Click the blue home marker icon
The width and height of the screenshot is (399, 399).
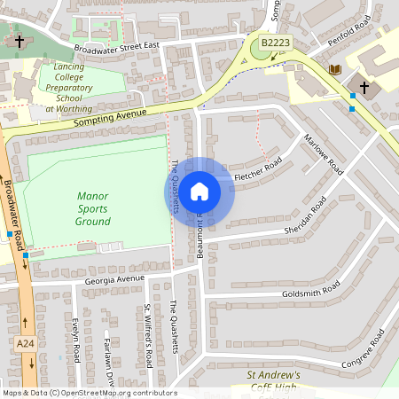coord(199,192)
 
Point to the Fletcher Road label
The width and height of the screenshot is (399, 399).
coord(258,170)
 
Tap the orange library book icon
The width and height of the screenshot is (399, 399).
coord(335,69)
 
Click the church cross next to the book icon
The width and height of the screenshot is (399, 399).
coord(364,87)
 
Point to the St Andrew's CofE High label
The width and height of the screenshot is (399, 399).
coord(272,381)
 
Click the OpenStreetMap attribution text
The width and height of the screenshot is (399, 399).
coord(89,393)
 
